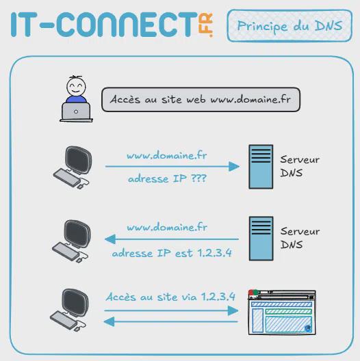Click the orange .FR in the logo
[x=205, y=25]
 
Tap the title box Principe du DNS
[x=290, y=25]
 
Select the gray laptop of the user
[x=76, y=112]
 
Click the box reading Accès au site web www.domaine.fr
[x=201, y=99]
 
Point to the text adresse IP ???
[x=167, y=179]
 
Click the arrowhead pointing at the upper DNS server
[x=234, y=166]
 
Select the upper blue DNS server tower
[x=261, y=167]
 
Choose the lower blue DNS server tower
[x=261, y=239]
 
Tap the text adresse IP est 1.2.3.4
[x=172, y=253]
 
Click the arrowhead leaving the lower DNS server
[x=110, y=239]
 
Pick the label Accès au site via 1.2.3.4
[x=170, y=297]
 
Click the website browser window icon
[x=282, y=312]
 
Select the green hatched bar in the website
[x=289, y=312]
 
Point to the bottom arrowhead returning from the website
[x=110, y=321]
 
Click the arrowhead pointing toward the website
[x=233, y=311]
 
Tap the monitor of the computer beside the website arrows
[x=75, y=302]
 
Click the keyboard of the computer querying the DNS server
[x=67, y=178]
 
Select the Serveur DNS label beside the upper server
[x=300, y=166]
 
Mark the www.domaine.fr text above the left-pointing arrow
[x=167, y=227]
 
